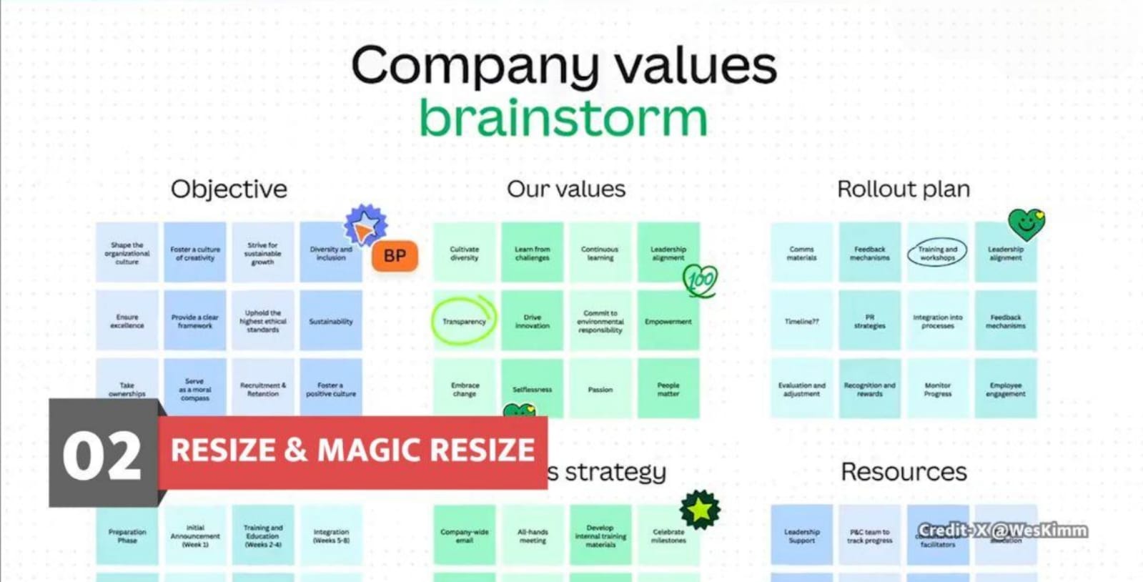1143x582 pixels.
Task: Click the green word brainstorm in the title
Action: coord(563,118)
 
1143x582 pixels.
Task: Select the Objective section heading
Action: coord(229,189)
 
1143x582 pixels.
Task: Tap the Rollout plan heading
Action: coord(904,189)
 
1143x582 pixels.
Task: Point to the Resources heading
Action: coord(904,472)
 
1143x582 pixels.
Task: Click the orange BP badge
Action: coord(395,256)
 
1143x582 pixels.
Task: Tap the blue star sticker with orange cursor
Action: coord(365,226)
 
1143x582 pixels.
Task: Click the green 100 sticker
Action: coord(700,280)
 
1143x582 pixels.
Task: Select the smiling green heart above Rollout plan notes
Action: coord(1026,224)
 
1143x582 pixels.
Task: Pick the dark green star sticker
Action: coord(700,509)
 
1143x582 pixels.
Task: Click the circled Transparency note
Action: coord(464,321)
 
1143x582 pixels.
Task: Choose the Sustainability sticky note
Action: coord(331,321)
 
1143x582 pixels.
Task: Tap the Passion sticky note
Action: coord(600,390)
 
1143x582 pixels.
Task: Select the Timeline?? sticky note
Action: coord(801,321)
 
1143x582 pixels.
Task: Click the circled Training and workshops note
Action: coord(937,252)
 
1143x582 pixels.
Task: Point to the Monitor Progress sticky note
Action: coord(937,390)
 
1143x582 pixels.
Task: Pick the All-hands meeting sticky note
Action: coord(533,536)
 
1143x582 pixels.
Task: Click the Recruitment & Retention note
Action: coord(263,389)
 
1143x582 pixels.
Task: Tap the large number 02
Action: coord(102,456)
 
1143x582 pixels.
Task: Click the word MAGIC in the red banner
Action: coord(366,450)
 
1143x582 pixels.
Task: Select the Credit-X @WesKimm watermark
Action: coord(1003,531)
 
